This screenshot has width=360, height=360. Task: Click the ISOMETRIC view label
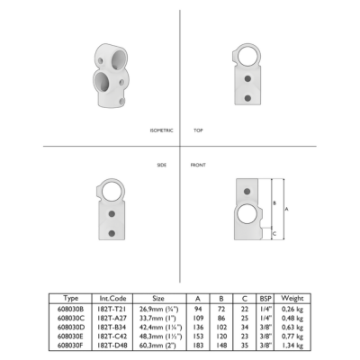(161, 130)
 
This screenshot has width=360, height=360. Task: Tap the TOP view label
(198, 130)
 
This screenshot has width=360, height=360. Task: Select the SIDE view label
(162, 165)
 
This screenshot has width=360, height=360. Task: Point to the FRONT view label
(198, 165)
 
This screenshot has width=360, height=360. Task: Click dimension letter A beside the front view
(286, 209)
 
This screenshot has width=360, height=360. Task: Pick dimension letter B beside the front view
(274, 203)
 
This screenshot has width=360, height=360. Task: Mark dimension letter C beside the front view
(274, 234)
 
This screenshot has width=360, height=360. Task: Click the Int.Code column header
(112, 299)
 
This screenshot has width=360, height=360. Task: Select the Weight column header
(292, 299)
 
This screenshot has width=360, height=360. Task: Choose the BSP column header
(265, 299)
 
